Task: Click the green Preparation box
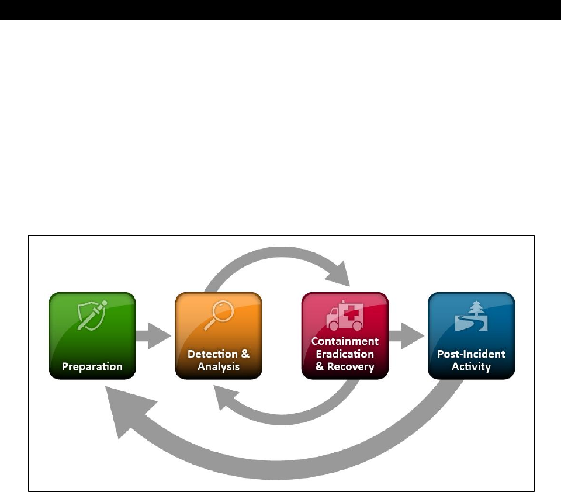92,335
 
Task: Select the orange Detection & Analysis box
219,335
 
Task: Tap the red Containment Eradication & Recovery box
345,335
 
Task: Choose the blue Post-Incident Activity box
471,335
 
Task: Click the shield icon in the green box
92,316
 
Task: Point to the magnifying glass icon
219,316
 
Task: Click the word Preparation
92,367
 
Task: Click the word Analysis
219,368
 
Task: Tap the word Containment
345,341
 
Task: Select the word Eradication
345,354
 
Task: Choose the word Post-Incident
471,354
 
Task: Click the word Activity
471,368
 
